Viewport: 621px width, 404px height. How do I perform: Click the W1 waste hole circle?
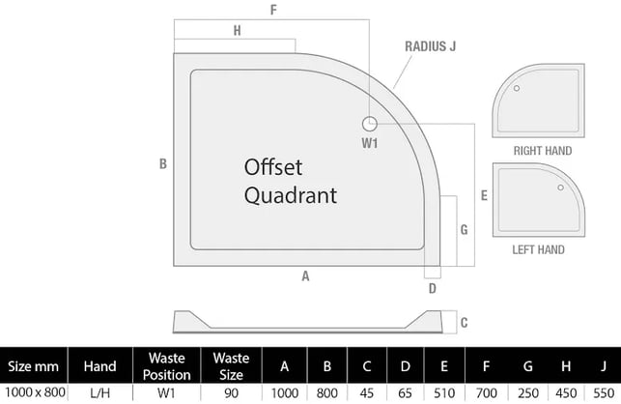(370, 123)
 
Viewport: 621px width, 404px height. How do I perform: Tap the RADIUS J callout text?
(431, 45)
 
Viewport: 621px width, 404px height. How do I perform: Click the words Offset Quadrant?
(290, 180)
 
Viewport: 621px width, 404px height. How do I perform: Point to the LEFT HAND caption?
(538, 249)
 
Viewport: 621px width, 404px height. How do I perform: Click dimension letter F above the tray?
(274, 11)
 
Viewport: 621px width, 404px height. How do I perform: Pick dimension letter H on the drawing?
(237, 31)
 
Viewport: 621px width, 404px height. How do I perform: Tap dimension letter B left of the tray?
(163, 163)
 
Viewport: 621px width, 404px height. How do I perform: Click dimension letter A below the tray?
(304, 275)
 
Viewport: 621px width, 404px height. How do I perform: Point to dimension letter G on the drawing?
(464, 229)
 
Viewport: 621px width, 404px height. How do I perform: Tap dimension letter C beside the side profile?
(464, 323)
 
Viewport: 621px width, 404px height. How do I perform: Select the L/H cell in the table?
(100, 392)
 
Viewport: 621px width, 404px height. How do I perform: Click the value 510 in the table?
(442, 392)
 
